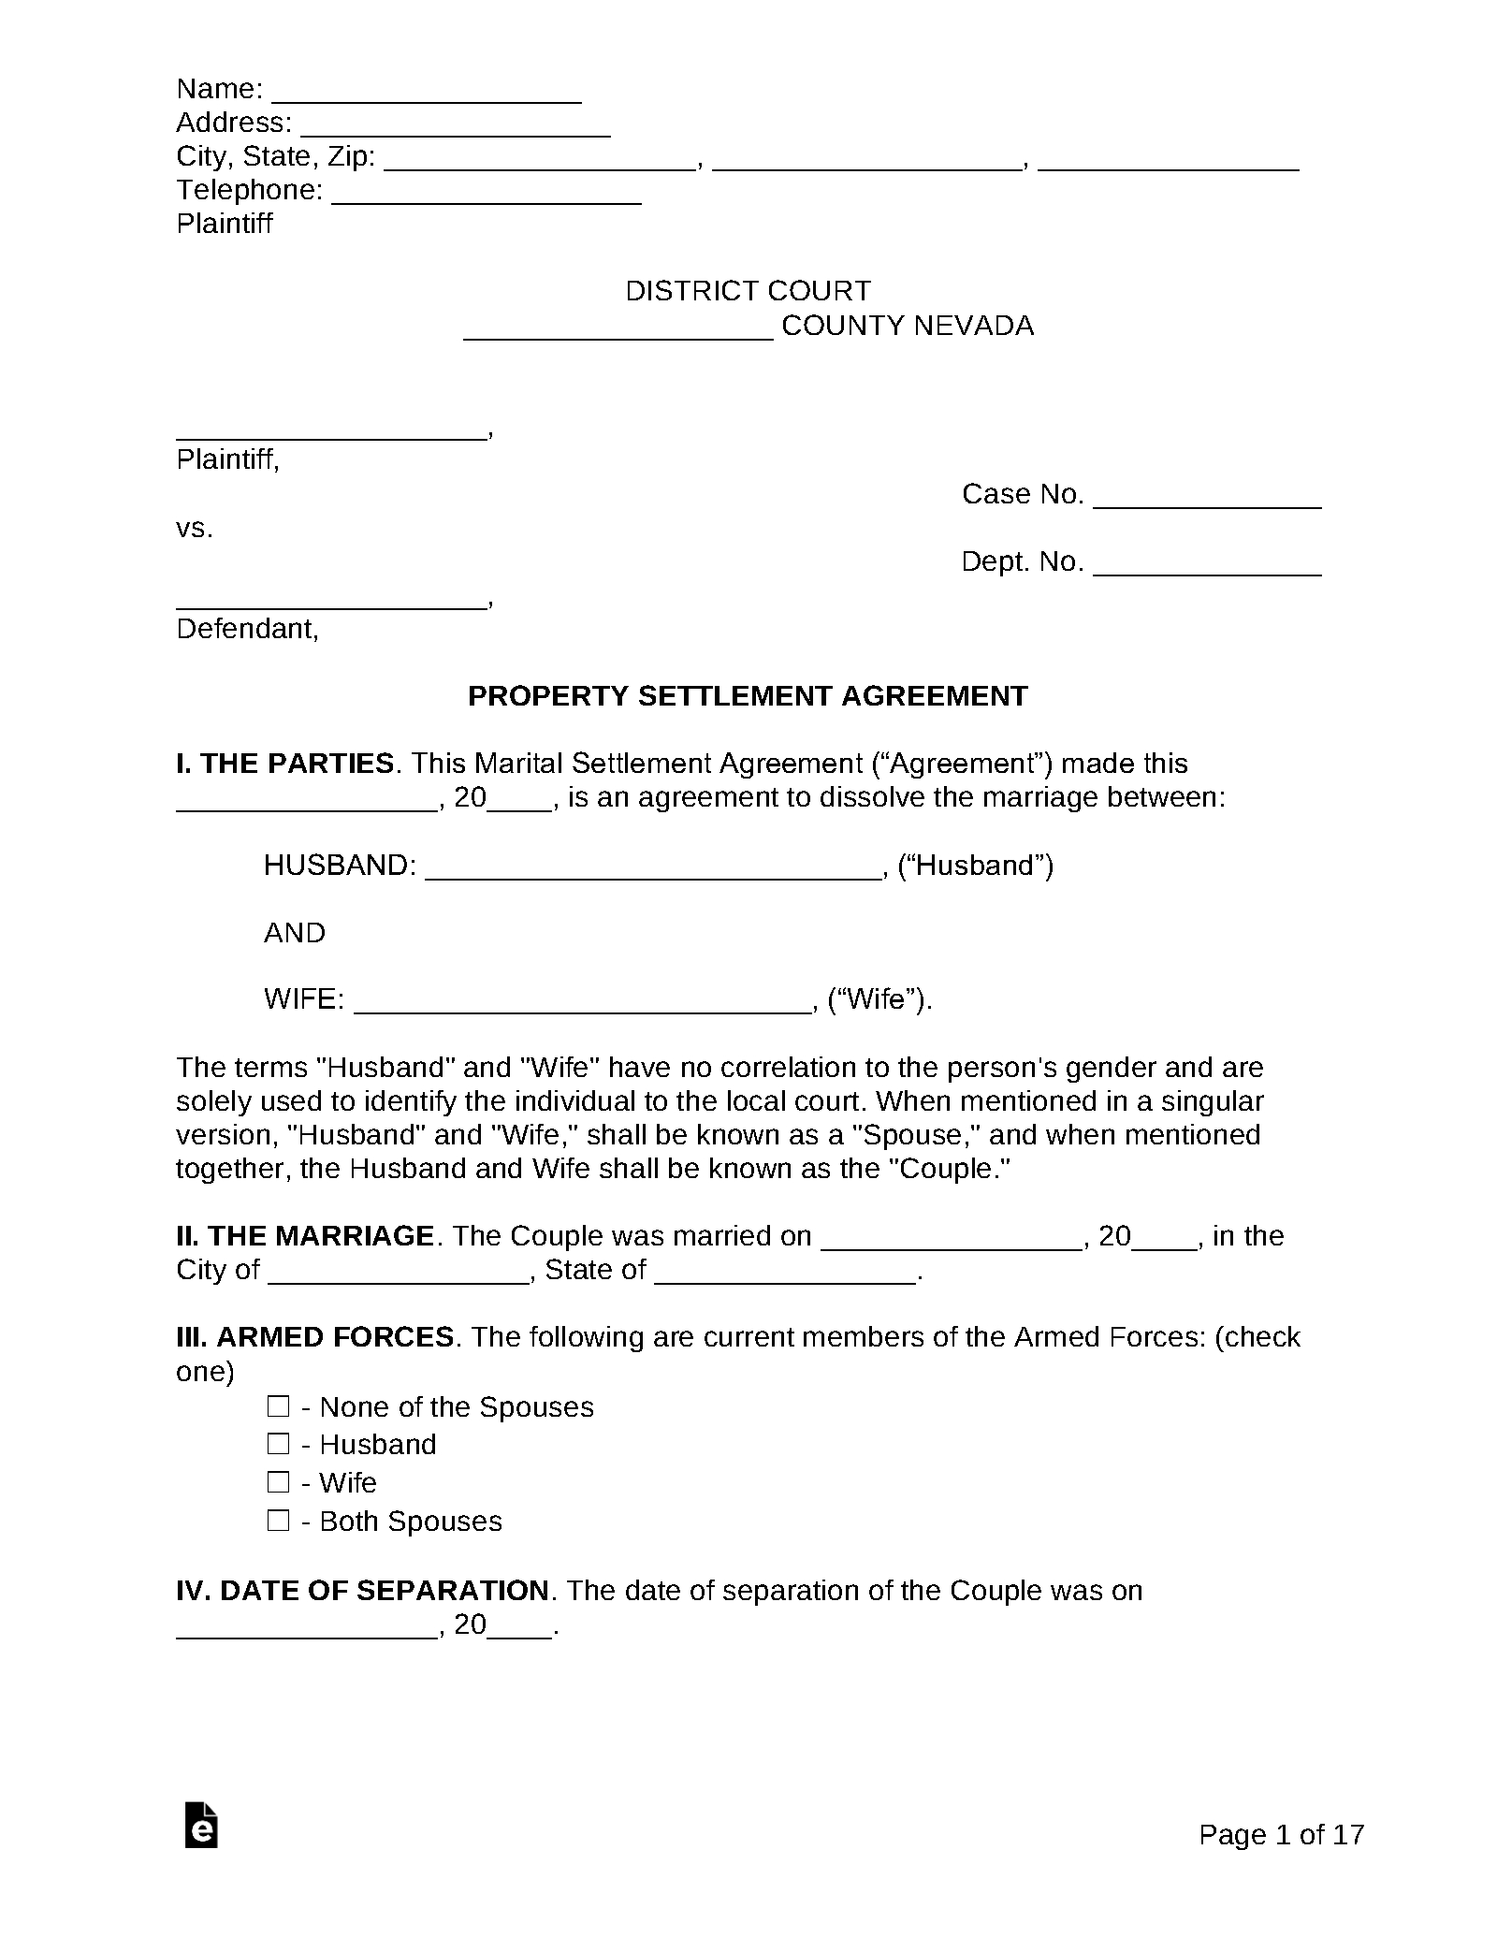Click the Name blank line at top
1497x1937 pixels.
(426, 94)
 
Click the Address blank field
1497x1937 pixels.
(456, 127)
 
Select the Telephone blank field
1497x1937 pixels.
(487, 195)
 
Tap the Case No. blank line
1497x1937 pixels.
(1207, 499)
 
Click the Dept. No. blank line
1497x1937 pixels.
(1207, 566)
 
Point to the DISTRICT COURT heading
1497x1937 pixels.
(748, 291)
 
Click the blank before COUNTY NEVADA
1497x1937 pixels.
(618, 330)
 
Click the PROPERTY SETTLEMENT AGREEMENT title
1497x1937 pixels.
(748, 696)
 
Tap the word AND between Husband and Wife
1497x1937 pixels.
(295, 933)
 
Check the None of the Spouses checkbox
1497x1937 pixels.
(278, 1406)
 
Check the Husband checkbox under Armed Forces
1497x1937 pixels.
(278, 1444)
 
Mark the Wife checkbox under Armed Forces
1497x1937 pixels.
(278, 1482)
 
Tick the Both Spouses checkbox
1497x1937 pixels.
(278, 1521)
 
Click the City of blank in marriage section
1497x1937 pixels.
(399, 1274)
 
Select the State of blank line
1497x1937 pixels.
(785, 1274)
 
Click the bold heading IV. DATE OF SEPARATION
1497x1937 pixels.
(363, 1591)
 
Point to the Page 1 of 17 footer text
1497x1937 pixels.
(1281, 1835)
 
